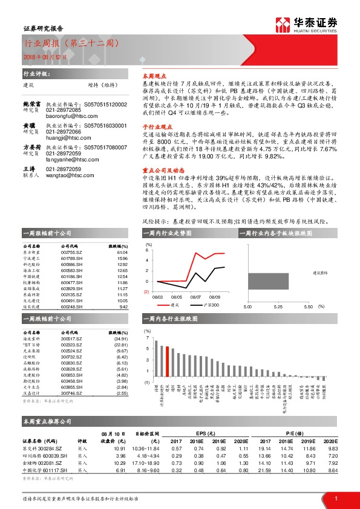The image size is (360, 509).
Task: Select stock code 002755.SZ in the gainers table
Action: coord(72,252)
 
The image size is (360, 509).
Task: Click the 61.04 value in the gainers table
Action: coord(122,252)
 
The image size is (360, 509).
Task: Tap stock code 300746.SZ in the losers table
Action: coord(72,393)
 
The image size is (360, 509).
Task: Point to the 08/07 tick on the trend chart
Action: coord(195,297)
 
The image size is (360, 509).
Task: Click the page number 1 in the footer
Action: coord(335,498)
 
